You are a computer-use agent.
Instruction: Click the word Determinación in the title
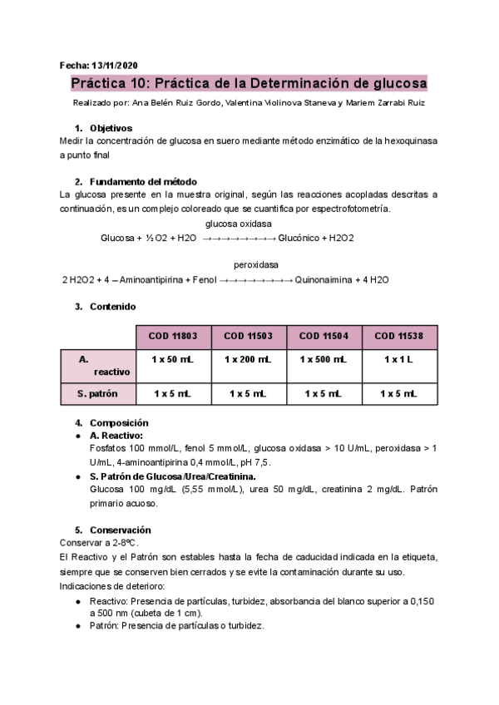point(301,84)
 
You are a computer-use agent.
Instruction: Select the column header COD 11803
point(173,336)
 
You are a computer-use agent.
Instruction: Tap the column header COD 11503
point(248,336)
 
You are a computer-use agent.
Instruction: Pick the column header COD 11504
point(324,336)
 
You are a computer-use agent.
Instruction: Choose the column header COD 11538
point(400,336)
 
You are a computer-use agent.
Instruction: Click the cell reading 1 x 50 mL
point(173,359)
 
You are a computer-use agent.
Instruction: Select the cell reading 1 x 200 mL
point(248,359)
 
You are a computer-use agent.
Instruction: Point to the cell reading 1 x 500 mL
point(324,359)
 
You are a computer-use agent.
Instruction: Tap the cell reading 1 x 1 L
point(400,359)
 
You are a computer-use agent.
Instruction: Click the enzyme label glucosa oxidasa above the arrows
point(238,224)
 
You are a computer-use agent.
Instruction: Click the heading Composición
point(119,422)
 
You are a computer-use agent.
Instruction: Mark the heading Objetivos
point(111,128)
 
